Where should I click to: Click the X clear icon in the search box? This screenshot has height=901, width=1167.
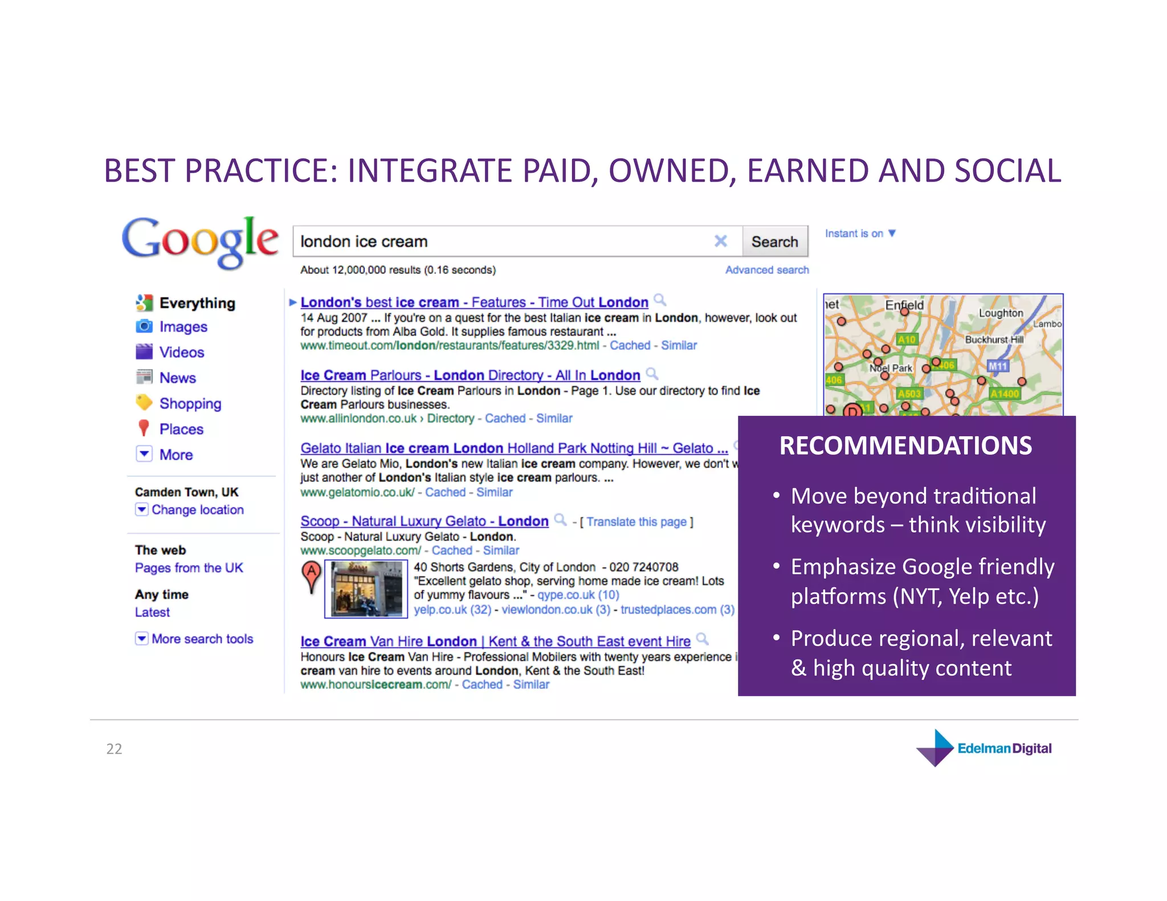tap(720, 241)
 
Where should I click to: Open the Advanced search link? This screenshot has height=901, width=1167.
tap(766, 270)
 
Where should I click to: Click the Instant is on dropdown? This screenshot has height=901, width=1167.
tap(860, 234)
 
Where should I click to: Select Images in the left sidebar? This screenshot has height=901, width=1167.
tap(182, 327)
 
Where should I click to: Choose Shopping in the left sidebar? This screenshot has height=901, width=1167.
tap(190, 404)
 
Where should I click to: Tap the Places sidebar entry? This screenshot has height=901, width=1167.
tap(181, 429)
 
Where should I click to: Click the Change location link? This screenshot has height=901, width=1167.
tap(197, 510)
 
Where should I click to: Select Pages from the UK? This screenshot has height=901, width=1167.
tap(189, 568)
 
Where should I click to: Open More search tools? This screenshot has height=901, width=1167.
tap(202, 639)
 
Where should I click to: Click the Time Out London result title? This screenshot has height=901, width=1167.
tap(474, 302)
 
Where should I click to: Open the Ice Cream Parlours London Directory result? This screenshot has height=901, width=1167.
tap(470, 375)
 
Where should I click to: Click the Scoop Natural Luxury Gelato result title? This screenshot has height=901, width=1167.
tap(424, 521)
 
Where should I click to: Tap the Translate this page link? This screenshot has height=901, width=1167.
tap(636, 522)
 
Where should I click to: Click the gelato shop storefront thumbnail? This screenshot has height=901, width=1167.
tap(366, 589)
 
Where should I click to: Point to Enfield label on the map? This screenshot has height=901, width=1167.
tap(904, 305)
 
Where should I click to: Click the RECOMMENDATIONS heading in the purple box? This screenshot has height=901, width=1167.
tap(905, 446)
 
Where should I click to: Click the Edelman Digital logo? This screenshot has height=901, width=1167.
tap(985, 748)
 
